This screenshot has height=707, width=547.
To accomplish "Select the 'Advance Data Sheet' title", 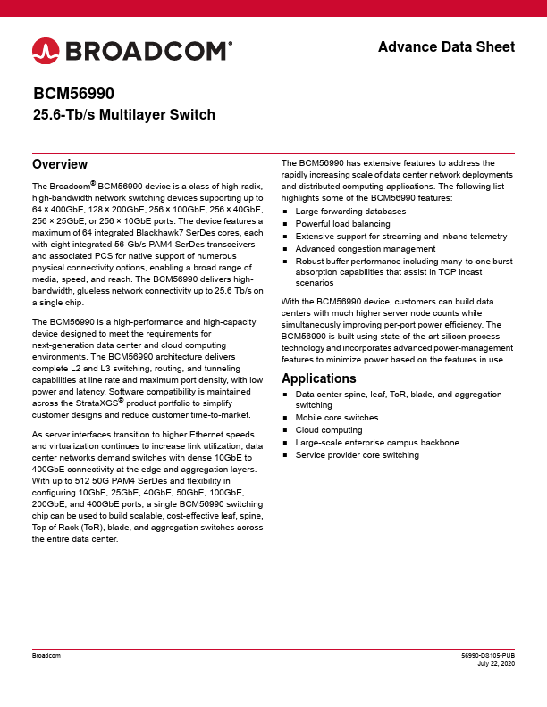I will tap(446, 46).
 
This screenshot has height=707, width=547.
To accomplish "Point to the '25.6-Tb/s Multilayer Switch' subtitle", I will tap(123, 115).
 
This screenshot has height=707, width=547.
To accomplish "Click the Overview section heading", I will tap(59, 165).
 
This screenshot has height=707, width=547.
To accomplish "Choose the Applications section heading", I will tap(319, 378).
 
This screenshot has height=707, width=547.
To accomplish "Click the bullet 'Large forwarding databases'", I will tap(350, 212).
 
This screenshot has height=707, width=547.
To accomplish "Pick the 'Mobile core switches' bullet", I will tap(337, 418).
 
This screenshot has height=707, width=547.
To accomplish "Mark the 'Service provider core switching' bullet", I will tap(357, 455).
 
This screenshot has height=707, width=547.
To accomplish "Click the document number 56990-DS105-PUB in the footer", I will tap(486, 655).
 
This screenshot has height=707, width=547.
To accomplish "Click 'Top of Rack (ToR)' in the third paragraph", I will tap(68, 528).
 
